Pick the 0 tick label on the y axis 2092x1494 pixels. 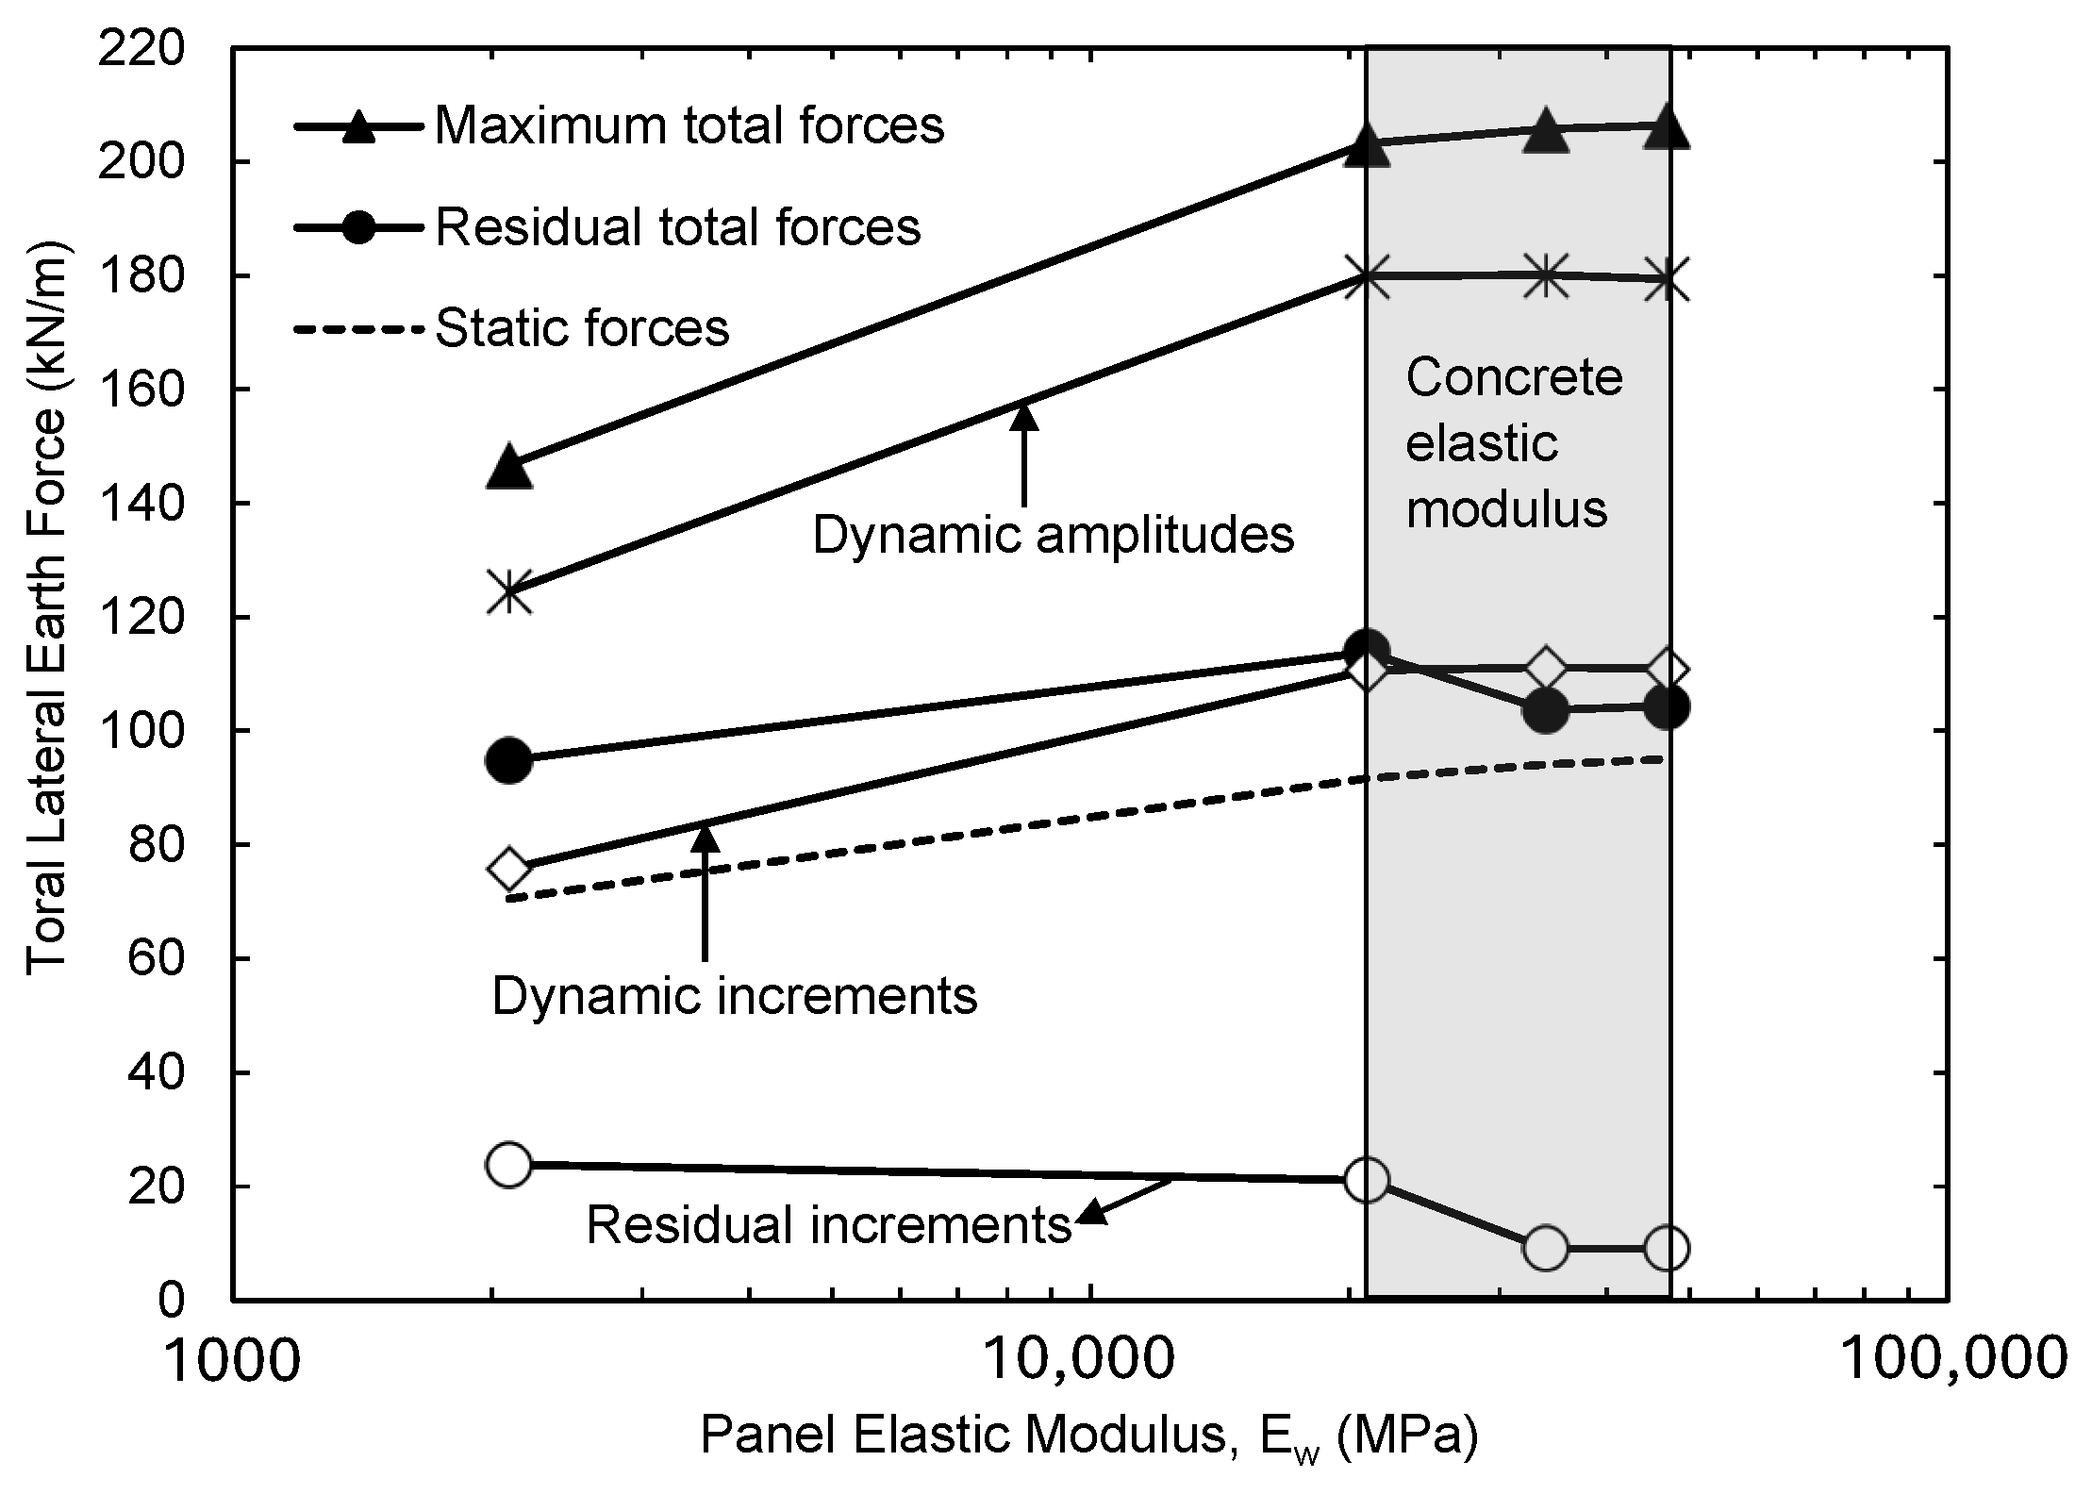coord(172,1300)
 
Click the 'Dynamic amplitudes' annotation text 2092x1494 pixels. coord(1053,535)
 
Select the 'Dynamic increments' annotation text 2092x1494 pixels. coord(735,996)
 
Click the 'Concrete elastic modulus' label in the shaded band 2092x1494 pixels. coord(1514,443)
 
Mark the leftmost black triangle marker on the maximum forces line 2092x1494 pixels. coord(509,466)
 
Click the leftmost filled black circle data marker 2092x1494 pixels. coord(509,760)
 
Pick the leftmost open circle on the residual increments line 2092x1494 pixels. coord(509,1164)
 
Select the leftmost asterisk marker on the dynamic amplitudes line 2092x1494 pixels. coord(509,592)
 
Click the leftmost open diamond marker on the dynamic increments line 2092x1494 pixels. coord(509,868)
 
